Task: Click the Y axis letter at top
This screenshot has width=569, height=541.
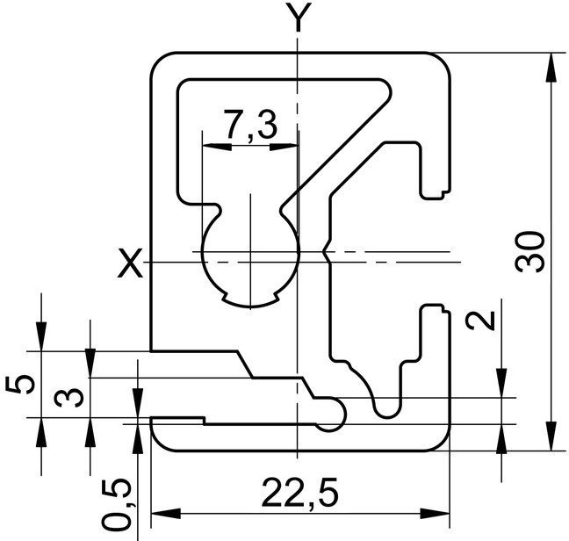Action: tap(298, 17)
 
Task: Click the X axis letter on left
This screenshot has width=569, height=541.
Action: tap(130, 263)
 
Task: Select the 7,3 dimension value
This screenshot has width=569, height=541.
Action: tap(250, 125)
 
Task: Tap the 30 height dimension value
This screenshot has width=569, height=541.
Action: tap(529, 252)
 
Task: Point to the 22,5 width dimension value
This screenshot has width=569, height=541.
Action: tap(300, 493)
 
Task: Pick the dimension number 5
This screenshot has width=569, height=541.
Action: tap(20, 385)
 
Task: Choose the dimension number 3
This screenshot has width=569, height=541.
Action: tap(69, 397)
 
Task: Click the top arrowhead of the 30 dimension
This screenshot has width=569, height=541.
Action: tap(551, 68)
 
